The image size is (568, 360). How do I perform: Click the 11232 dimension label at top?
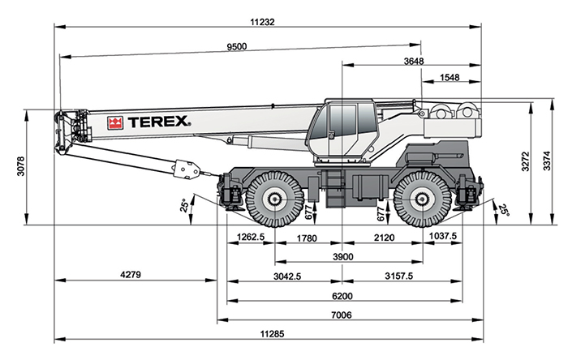point(262,22)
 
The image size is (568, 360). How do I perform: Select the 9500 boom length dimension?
point(237,47)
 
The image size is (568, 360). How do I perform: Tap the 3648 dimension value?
point(414,61)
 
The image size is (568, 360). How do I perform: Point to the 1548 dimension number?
point(450,77)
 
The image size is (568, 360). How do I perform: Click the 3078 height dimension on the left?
point(21,166)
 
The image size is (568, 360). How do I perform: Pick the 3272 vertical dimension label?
point(525,161)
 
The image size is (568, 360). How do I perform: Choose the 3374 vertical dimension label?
point(547,161)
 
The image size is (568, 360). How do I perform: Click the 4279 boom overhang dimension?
point(131,275)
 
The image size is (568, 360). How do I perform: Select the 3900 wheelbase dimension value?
point(342,257)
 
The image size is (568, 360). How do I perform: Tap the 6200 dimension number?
point(342,296)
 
